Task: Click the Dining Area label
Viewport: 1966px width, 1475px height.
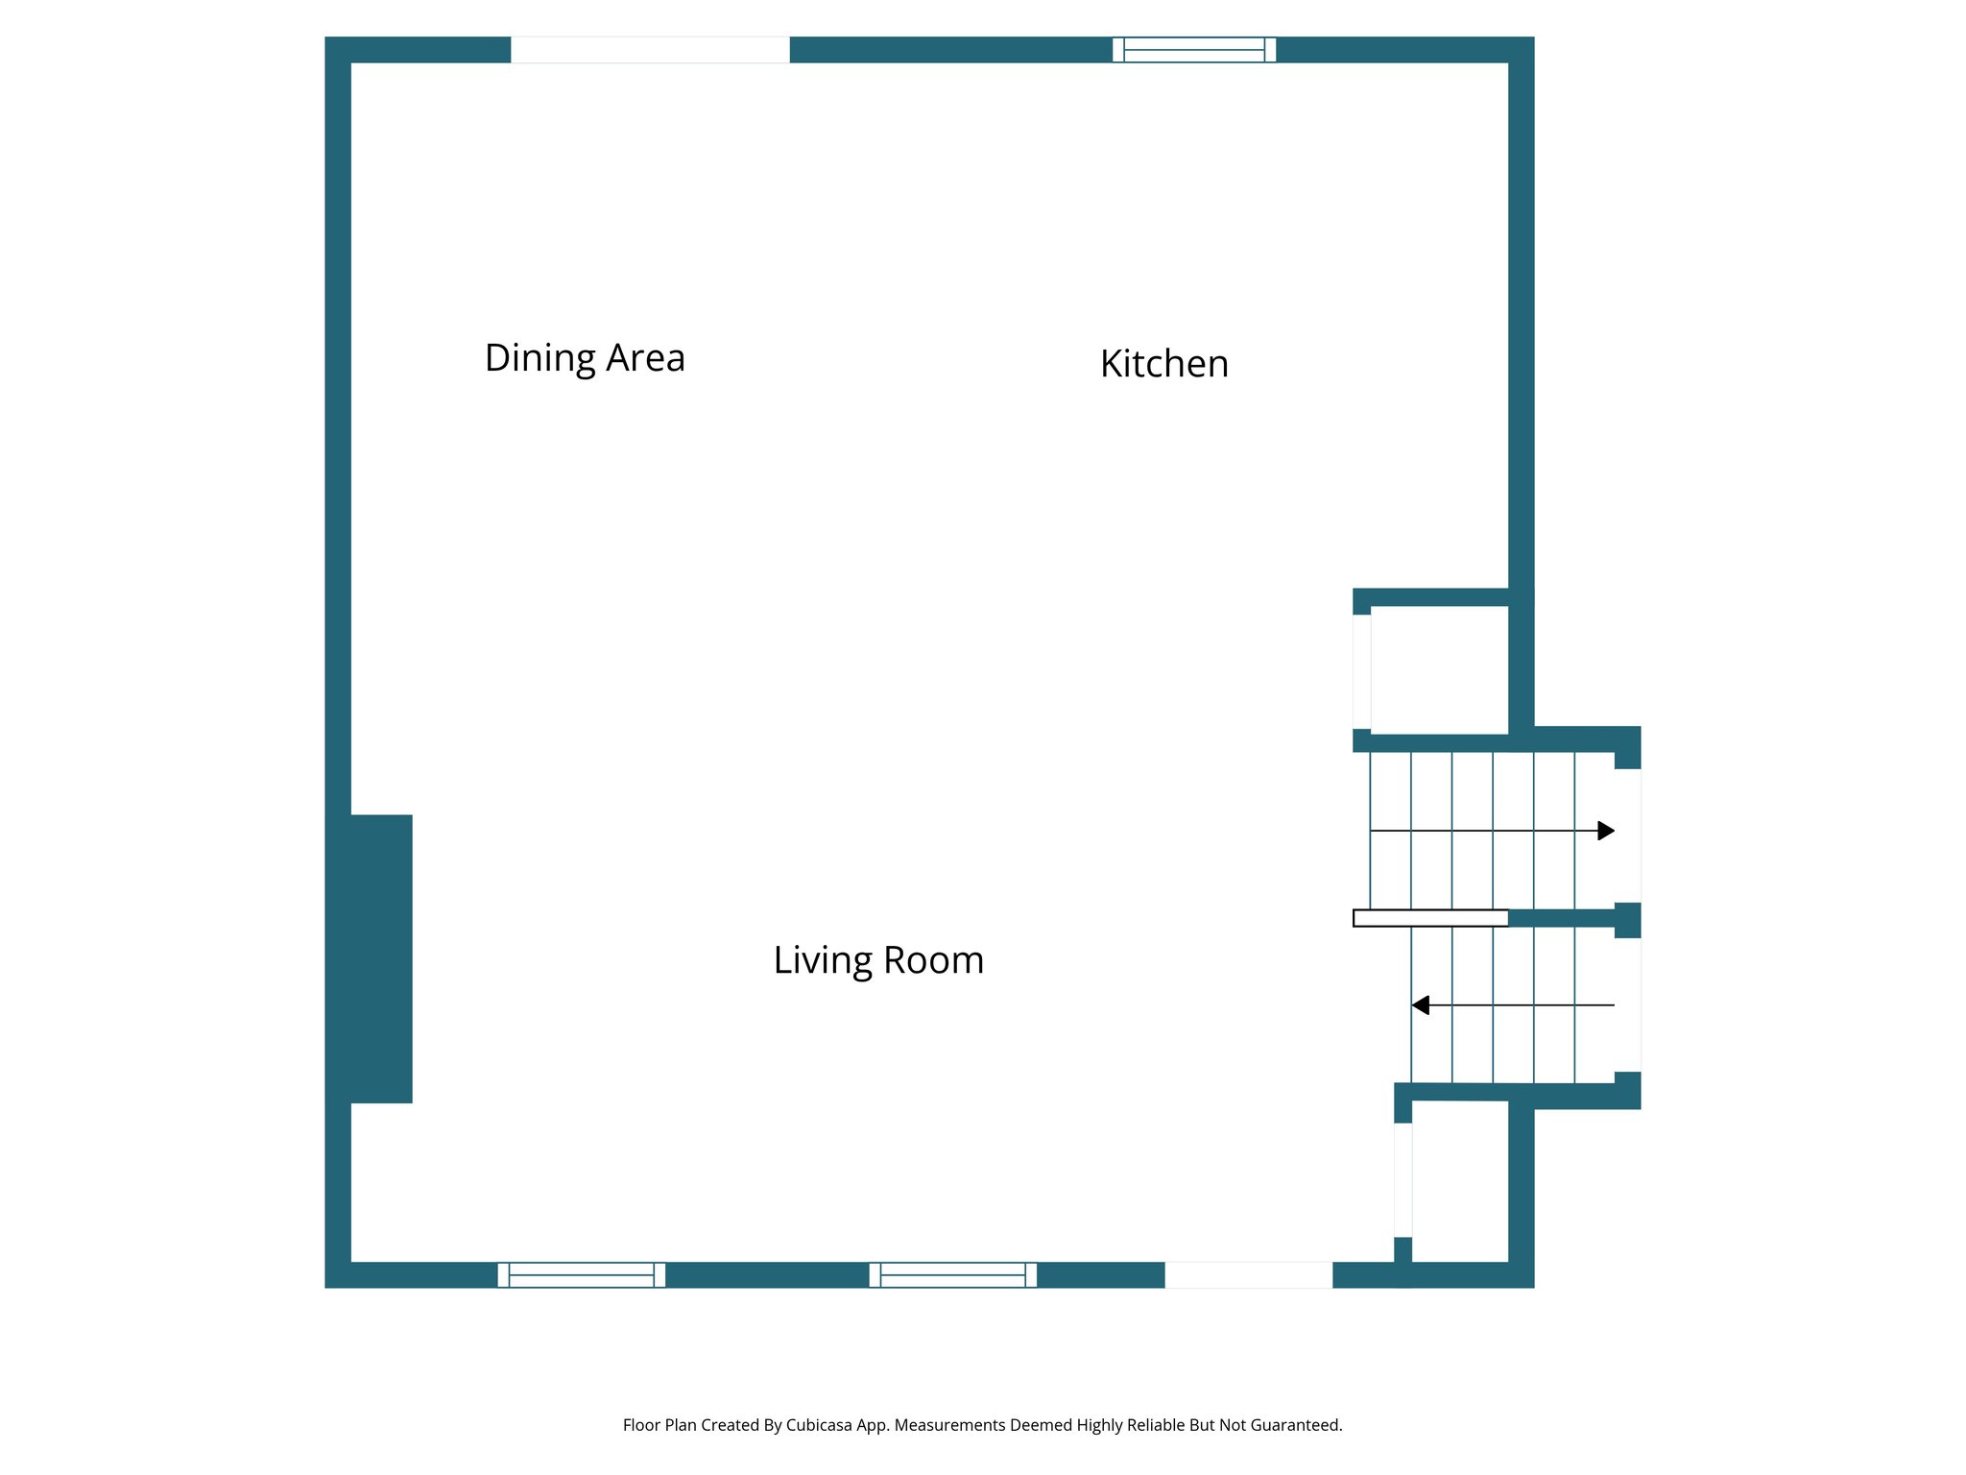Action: click(585, 358)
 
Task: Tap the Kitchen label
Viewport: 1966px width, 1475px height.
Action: click(1164, 364)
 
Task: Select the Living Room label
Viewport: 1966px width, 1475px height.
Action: click(878, 960)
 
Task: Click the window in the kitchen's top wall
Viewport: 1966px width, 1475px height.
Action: click(1194, 50)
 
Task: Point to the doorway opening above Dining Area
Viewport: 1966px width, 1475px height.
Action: click(650, 50)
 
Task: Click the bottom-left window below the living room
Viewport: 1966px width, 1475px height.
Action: click(582, 1275)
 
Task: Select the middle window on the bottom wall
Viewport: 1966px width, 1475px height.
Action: click(953, 1275)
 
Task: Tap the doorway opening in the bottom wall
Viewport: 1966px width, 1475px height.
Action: click(1249, 1275)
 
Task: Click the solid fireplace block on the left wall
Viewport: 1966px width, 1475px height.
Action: click(381, 959)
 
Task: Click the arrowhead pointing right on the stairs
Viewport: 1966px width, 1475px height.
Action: click(1606, 831)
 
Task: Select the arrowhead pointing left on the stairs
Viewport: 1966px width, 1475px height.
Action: click(1420, 1005)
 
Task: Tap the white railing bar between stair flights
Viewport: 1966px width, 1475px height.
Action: click(1430, 919)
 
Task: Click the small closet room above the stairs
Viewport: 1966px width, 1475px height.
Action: click(1439, 670)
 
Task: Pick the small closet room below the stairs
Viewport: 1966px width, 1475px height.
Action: click(1460, 1181)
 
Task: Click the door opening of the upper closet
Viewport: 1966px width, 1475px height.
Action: click(1362, 672)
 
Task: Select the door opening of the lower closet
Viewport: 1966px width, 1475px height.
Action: click(1403, 1180)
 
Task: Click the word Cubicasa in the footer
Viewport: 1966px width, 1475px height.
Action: click(819, 1426)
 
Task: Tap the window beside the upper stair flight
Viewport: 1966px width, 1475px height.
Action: click(1628, 835)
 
